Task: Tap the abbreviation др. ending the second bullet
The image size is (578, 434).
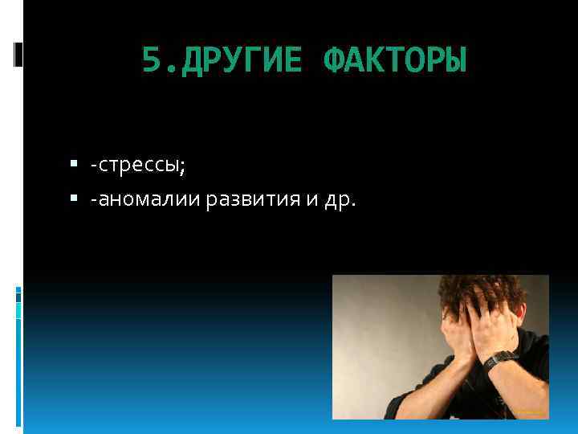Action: pos(338,199)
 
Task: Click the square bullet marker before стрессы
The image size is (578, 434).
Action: pos(73,166)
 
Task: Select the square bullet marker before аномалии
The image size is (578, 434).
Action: pos(73,198)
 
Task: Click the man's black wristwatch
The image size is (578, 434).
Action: pos(503,356)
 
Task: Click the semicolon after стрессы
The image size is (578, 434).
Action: pos(183,167)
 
